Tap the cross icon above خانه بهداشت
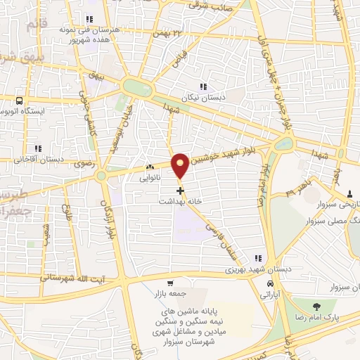[x=181, y=190]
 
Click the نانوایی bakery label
[x=149, y=178]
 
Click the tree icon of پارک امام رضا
[x=316, y=306]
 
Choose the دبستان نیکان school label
[x=202, y=98]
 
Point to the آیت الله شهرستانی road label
[x=73, y=277]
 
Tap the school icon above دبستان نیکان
[x=203, y=86]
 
